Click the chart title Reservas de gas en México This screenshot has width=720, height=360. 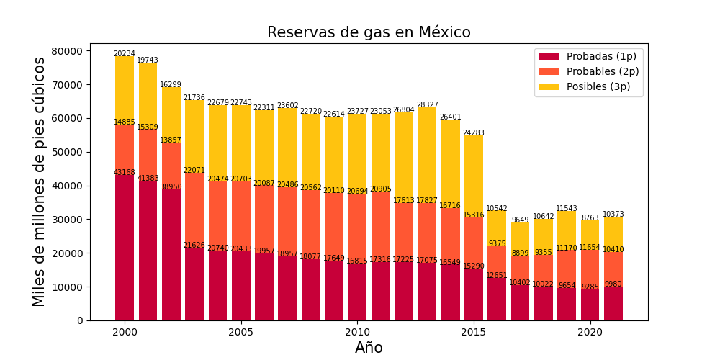tap(369, 32)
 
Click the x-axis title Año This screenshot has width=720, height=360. tap(369, 348)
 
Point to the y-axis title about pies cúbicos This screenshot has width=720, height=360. tap(40, 181)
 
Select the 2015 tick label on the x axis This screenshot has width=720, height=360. tap(473, 332)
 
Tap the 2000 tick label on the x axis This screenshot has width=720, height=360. tap(125, 332)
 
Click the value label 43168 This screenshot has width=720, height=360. tap(125, 173)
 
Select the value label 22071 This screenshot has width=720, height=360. tap(194, 171)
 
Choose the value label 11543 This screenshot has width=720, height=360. tap(567, 209)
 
